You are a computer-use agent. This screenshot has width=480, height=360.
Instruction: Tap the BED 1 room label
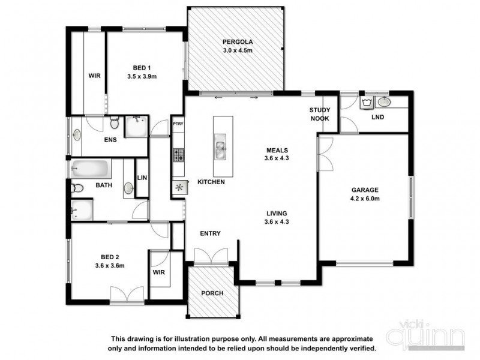[x=142, y=68]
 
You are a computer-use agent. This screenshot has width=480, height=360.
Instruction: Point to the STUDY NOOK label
[x=320, y=114]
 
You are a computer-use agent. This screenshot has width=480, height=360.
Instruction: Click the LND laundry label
[x=378, y=117]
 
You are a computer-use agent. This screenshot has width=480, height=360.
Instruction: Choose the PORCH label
[x=212, y=293]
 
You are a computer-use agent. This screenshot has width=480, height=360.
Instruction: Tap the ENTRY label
[x=211, y=233]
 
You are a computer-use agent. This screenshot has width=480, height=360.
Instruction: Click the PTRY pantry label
[x=178, y=124]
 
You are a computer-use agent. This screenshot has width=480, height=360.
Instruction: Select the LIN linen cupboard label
[x=142, y=178]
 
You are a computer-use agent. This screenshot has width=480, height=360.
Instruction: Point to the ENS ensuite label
[x=110, y=140]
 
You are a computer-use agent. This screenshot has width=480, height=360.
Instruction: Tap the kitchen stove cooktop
[x=178, y=156]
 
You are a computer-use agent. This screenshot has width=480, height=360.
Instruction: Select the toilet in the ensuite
[x=113, y=124]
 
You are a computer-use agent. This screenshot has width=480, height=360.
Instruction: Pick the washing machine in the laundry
[x=366, y=103]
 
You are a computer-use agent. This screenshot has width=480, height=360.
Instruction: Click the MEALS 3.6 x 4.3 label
[x=278, y=154]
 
